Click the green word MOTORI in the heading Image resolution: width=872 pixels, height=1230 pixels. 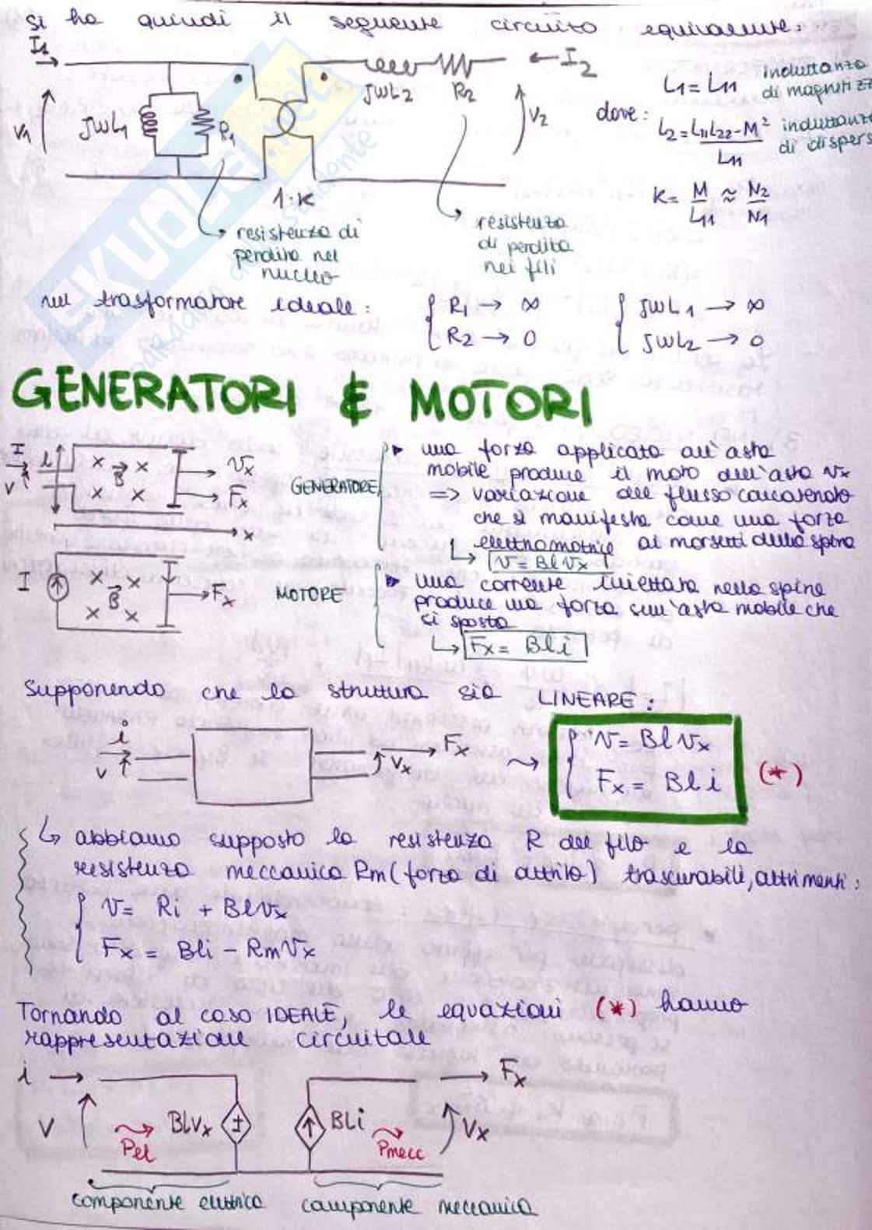tap(500, 403)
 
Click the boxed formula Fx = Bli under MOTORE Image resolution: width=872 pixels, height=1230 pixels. tap(524, 647)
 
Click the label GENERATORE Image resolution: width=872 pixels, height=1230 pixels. tap(334, 488)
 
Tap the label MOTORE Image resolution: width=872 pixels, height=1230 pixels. tap(309, 595)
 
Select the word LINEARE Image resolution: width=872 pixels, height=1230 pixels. tap(595, 699)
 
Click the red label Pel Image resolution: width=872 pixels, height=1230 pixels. tap(138, 1149)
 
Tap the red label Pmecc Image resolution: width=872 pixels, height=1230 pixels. tap(400, 1149)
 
